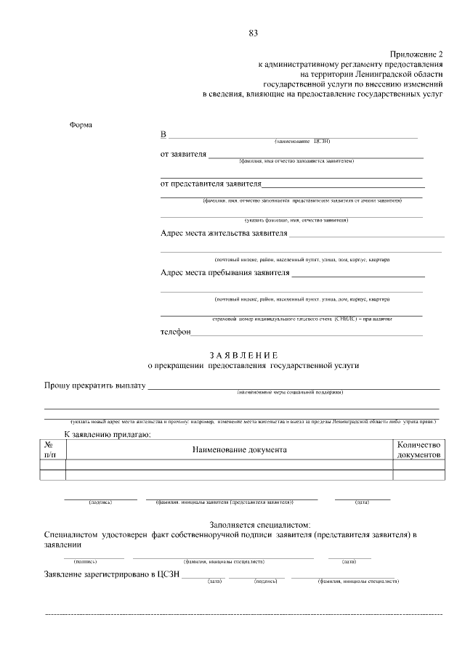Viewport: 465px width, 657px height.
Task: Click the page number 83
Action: coord(254,33)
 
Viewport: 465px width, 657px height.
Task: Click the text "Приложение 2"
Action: coord(416,54)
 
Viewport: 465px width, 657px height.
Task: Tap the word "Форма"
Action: coord(81,124)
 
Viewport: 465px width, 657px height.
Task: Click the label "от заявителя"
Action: coord(183,154)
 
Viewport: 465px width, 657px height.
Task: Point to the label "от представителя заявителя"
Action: coord(211,184)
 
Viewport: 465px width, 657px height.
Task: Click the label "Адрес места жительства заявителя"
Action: coord(224,234)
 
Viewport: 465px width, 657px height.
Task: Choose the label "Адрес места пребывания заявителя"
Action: coord(225,274)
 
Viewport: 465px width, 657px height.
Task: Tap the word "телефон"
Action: coord(175,332)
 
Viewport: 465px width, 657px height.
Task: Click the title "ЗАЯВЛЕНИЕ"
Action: coord(243,355)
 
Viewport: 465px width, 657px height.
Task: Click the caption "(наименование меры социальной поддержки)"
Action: coord(290,393)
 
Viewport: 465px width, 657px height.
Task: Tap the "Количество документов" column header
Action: coord(418,449)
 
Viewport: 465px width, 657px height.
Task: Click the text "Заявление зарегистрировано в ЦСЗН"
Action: coord(112,575)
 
